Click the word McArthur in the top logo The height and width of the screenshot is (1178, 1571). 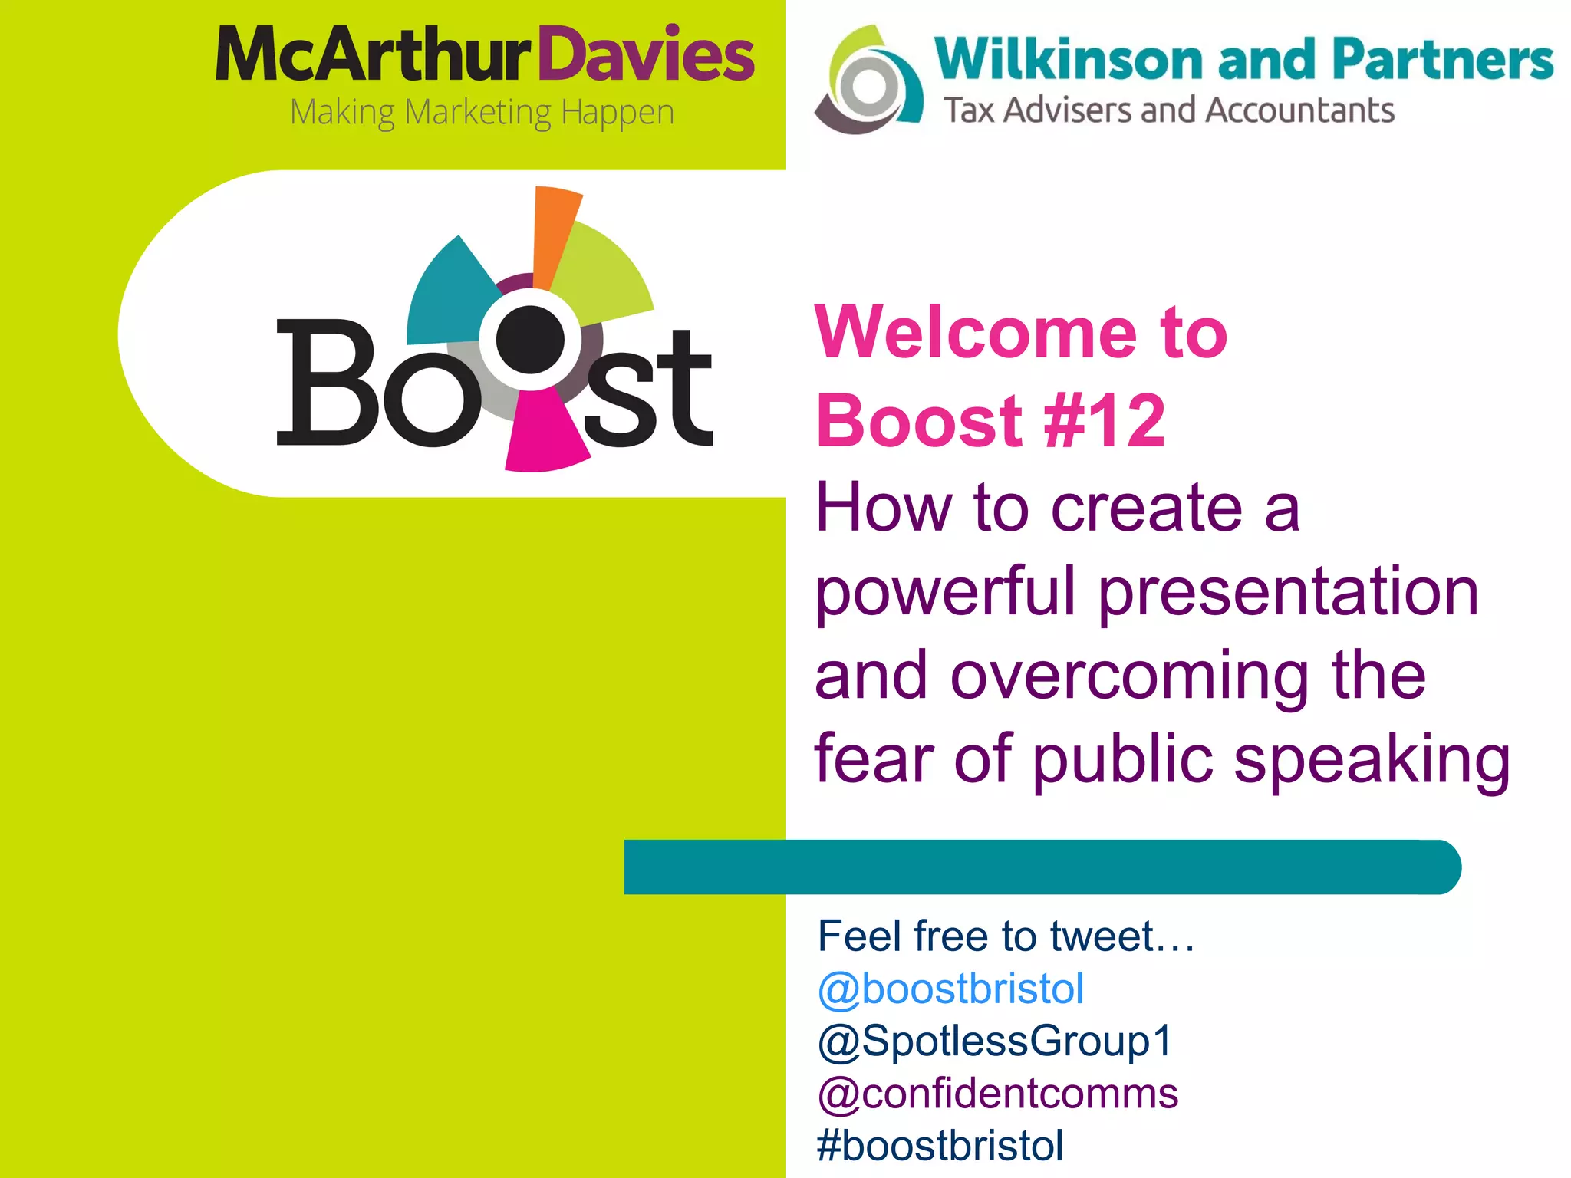pyautogui.click(x=374, y=55)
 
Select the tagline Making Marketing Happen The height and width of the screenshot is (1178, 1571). pyautogui.click(x=482, y=113)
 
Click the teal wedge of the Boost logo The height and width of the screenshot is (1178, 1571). pyautogui.click(x=450, y=295)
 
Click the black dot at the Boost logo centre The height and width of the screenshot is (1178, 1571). pyautogui.click(x=531, y=339)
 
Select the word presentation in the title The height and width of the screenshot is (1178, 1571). pyautogui.click(x=1288, y=592)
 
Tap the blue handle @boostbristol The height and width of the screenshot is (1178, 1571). pyautogui.click(x=950, y=989)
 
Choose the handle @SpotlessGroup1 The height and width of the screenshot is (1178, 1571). pyautogui.click(x=994, y=1041)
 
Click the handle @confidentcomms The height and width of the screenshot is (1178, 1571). pyautogui.click(x=997, y=1094)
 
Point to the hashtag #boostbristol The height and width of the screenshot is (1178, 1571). pyautogui.click(x=940, y=1146)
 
